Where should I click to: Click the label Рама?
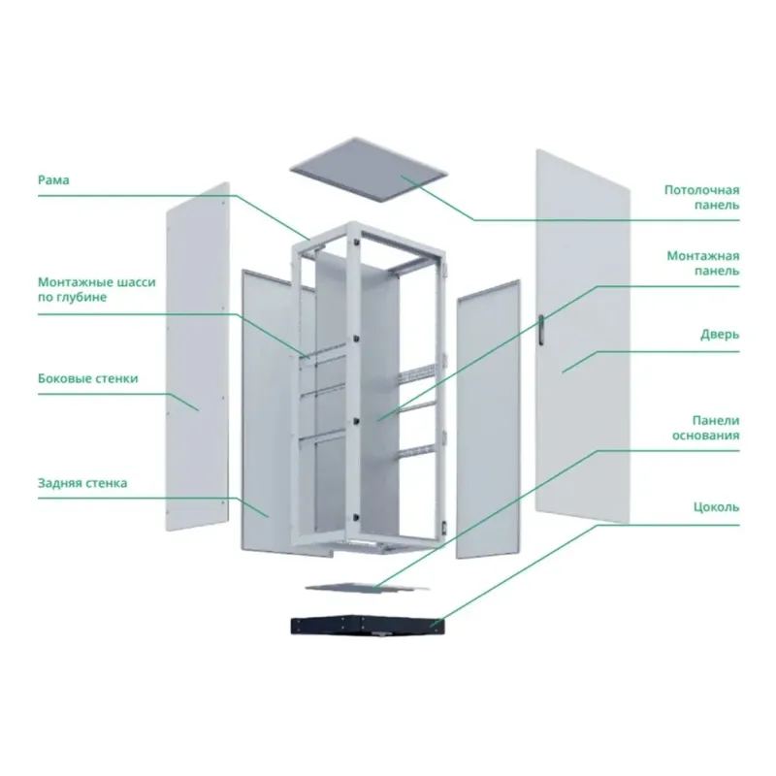point(53,179)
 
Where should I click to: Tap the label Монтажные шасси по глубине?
point(97,289)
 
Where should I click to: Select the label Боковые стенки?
point(88,378)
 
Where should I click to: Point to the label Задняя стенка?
point(82,483)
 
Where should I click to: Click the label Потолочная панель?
point(701,198)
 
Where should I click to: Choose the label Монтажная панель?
point(702,263)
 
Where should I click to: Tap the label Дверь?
point(720,335)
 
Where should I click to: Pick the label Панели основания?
point(706,428)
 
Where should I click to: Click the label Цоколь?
point(716,507)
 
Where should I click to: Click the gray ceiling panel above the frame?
point(369,169)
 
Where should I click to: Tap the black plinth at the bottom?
point(368,625)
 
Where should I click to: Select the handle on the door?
point(541,329)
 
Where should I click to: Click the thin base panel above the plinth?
point(368,587)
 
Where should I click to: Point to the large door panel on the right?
point(583,337)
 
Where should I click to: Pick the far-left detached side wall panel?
point(198,356)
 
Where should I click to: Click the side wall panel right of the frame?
point(488,419)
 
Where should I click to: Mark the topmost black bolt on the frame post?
point(355,242)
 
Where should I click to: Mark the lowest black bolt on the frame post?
point(355,517)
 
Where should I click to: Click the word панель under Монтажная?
point(717,271)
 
